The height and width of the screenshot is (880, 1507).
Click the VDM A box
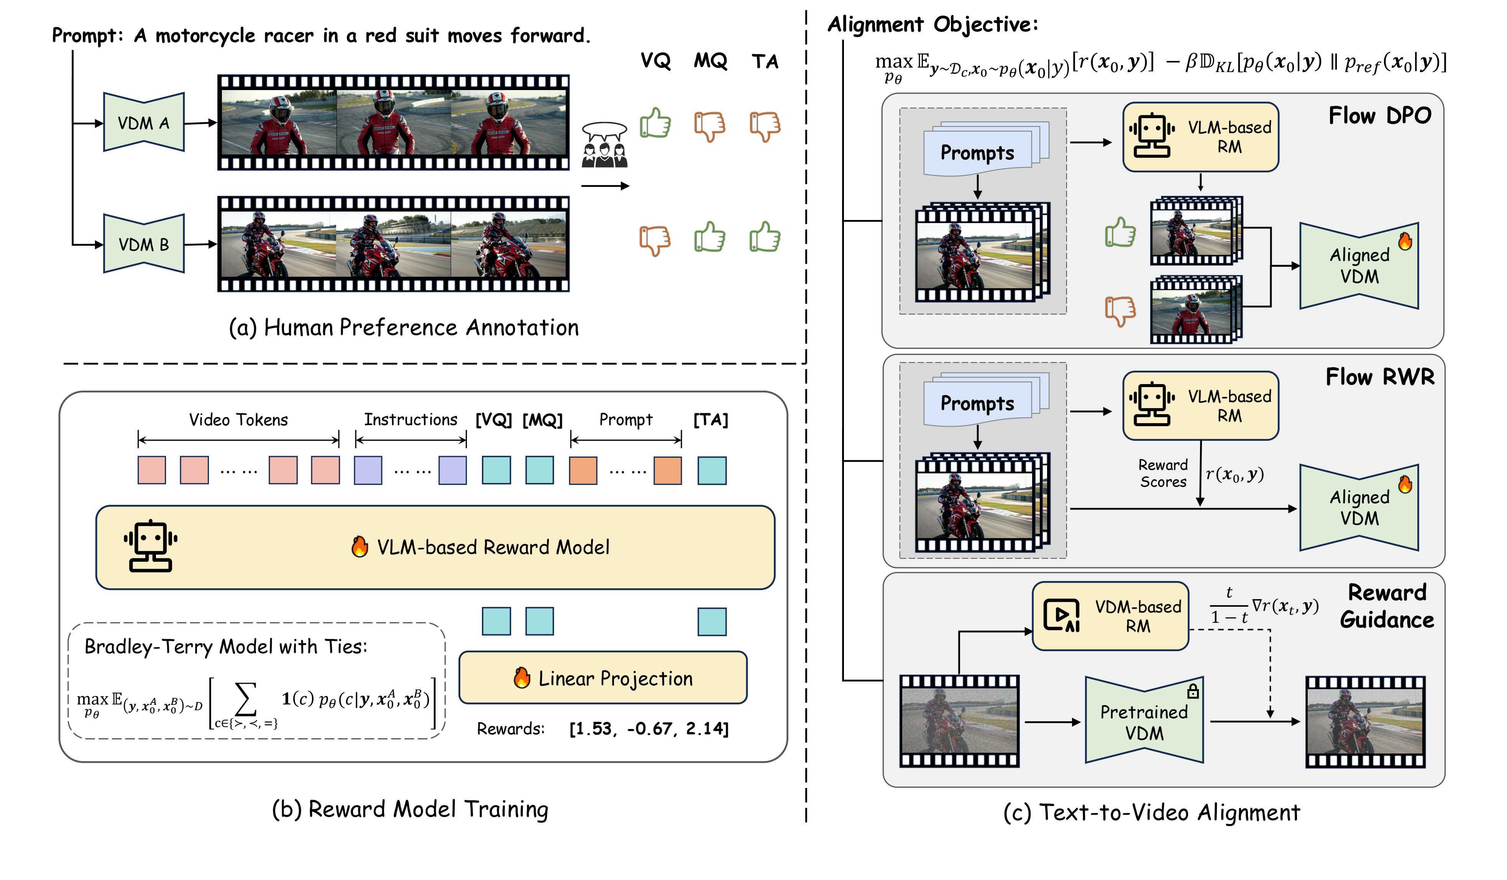(143, 123)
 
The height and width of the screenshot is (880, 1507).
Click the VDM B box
(143, 244)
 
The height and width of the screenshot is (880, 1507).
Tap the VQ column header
(655, 61)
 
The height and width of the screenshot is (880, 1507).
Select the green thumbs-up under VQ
(655, 124)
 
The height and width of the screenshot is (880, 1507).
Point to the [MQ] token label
(542, 420)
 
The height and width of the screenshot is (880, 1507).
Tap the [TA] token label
(711, 420)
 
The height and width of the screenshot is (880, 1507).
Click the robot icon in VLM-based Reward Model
(150, 545)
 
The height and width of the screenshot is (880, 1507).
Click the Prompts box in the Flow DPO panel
(977, 153)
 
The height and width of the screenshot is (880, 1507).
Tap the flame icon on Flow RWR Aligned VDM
(1405, 484)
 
